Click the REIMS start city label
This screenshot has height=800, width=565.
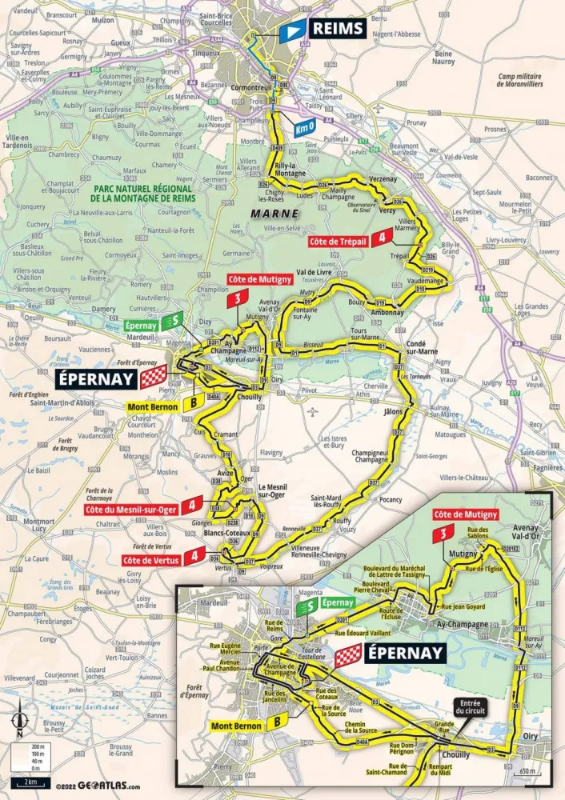click(337, 30)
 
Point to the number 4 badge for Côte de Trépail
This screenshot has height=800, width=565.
click(386, 236)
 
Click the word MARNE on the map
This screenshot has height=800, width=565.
click(274, 214)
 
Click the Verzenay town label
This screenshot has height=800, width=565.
click(383, 180)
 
